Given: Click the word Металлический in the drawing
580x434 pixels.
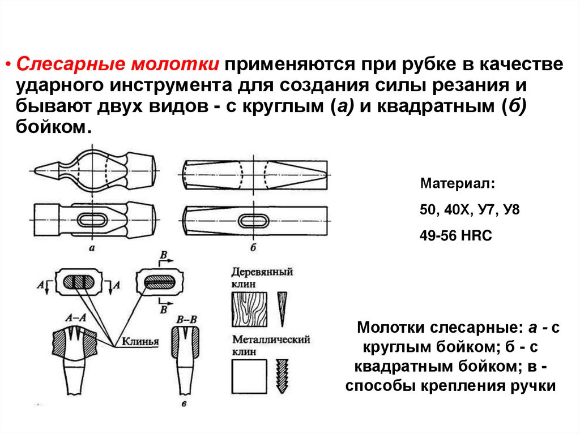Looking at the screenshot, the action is click(x=271, y=341).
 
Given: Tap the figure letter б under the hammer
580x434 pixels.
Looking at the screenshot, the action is click(x=253, y=247).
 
